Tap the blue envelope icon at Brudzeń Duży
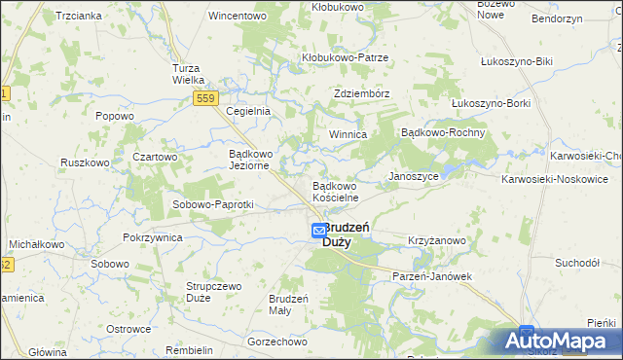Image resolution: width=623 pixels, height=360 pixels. click(319, 231)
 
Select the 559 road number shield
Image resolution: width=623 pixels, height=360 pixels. click(205, 98)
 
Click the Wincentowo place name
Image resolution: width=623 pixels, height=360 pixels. click(238, 17)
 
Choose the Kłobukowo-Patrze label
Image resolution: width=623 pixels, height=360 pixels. click(345, 57)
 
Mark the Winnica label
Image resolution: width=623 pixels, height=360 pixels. click(347, 134)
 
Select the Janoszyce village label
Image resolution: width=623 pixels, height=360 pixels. click(414, 176)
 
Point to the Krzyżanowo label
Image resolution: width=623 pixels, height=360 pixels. click(437, 240)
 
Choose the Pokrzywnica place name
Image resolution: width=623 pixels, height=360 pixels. click(154, 238)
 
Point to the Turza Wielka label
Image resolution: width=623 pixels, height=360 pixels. click(186, 74)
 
